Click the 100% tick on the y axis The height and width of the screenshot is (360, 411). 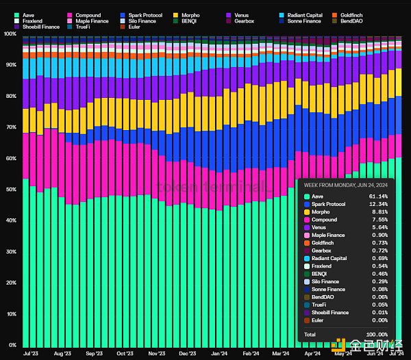pos(10,34)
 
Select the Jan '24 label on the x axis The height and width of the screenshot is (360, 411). pos(219,354)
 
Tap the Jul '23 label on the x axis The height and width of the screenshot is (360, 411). pos(30,354)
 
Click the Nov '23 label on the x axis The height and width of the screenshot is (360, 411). pos(156,354)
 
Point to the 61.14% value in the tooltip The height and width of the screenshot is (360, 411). pos(386,196)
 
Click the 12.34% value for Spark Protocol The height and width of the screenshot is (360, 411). pos(386,204)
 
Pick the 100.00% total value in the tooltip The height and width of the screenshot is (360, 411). pos(384,333)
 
